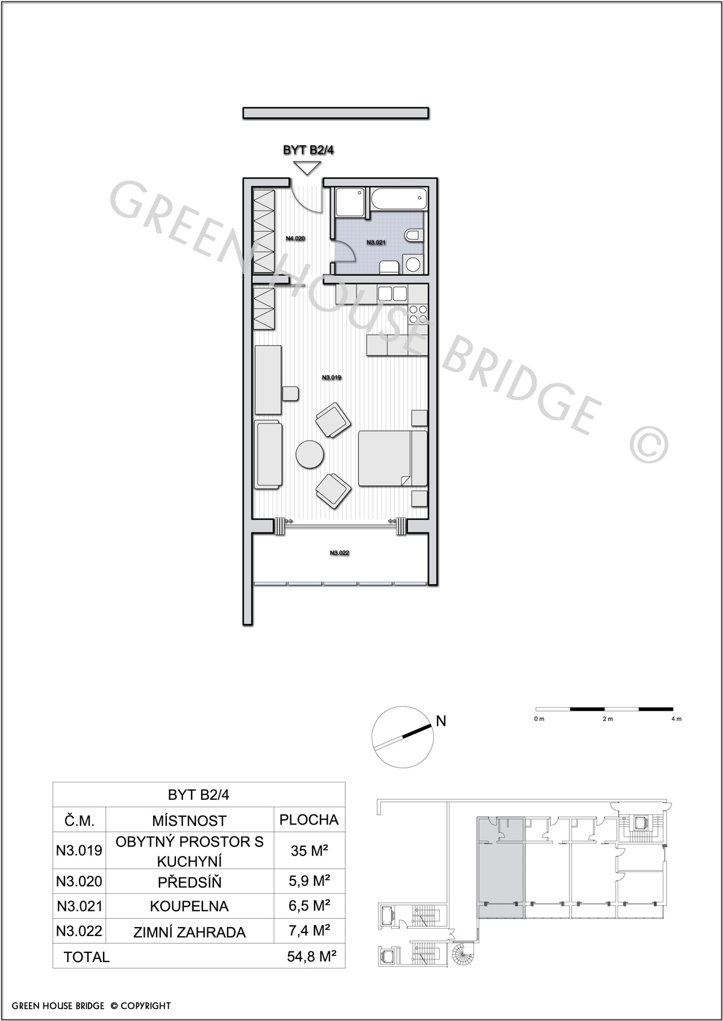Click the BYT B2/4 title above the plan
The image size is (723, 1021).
308,149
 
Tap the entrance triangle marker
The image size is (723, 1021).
308,168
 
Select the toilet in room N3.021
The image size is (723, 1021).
412,236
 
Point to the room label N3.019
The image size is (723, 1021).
331,378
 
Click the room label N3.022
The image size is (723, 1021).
339,553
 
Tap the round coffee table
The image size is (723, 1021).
310,454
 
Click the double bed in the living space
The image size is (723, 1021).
393,458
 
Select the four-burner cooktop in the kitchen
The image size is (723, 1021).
418,313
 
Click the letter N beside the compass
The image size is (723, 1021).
441,721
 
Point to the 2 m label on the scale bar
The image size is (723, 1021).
607,719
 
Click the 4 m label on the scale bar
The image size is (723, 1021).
676,719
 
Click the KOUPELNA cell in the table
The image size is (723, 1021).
189,906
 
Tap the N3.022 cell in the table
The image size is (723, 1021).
79,931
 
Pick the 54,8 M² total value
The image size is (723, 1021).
312,957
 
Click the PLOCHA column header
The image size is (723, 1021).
309,820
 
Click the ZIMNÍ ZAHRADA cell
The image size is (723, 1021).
189,932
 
